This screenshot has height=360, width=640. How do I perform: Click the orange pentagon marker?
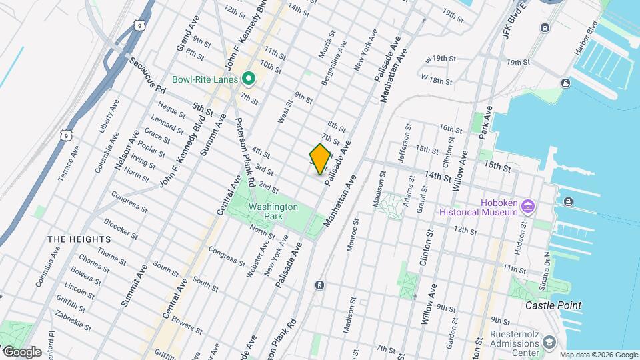coord(320,159)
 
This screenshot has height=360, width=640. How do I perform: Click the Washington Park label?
coord(273,211)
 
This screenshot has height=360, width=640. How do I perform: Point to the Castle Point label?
coord(553,305)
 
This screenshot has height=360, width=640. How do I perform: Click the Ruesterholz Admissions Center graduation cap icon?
coord(549,342)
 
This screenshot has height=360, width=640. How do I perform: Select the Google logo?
coord(22,351)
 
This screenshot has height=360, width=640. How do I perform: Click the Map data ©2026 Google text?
coord(597,355)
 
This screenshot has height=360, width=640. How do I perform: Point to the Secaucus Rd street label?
coord(148,84)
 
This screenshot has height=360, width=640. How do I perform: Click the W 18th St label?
coord(437,79)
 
